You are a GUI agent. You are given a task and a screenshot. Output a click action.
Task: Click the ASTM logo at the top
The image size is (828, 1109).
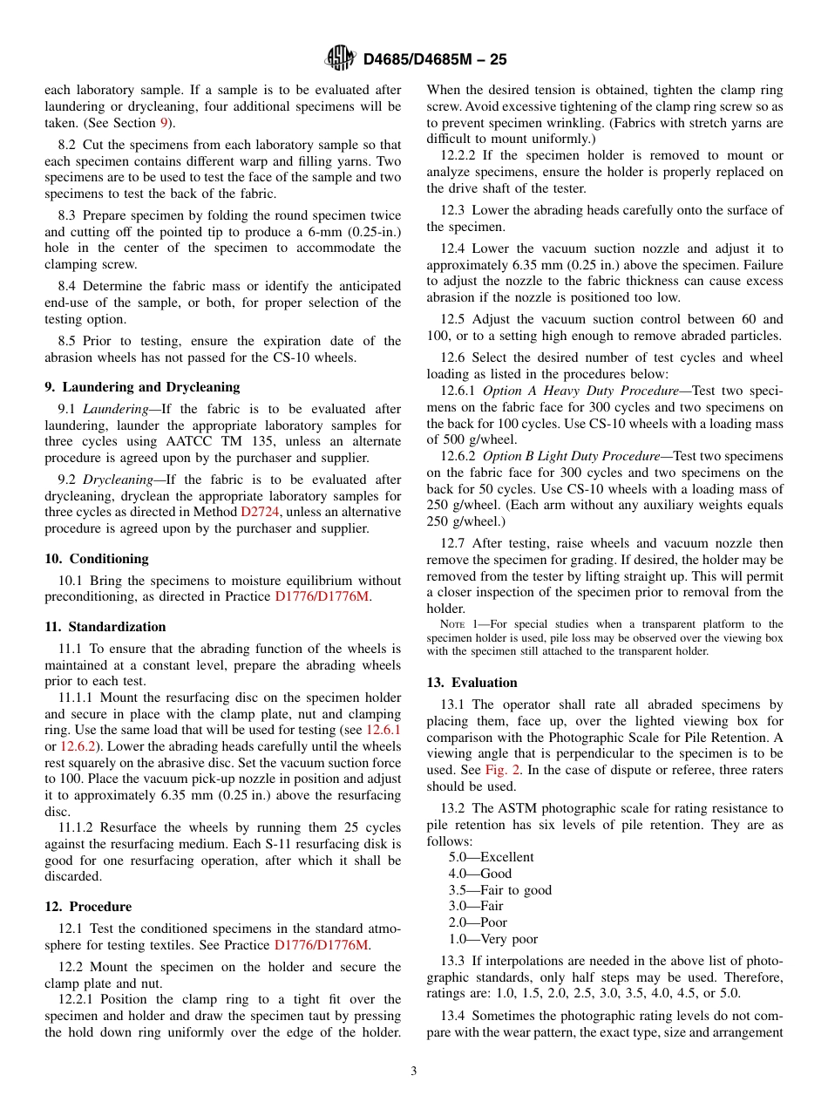[x=339, y=58]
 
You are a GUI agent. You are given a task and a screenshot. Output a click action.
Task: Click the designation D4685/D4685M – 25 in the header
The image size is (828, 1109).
[x=434, y=59]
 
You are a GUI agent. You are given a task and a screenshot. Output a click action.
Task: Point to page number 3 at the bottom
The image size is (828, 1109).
[x=414, y=1072]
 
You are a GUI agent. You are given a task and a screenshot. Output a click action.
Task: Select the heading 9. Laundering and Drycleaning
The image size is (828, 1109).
[x=142, y=387]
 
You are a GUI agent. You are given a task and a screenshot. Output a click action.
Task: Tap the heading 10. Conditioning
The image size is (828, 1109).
[x=97, y=559]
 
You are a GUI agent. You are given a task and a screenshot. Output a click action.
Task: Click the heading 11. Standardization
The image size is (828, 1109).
[x=105, y=627]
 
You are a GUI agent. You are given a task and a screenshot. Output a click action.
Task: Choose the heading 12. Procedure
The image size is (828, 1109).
[x=88, y=907]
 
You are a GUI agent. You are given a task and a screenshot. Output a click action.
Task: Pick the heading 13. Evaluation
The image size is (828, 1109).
[x=472, y=683]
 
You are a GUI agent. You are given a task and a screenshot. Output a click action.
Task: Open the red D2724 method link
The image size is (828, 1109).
[x=260, y=513]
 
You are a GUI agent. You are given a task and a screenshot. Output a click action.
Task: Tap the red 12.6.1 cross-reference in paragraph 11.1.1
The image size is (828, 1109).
[x=383, y=730]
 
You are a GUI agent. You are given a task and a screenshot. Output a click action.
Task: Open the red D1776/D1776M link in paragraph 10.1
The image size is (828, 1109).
[x=322, y=597]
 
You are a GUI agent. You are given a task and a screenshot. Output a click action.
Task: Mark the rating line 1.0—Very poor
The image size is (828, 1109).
[x=492, y=939]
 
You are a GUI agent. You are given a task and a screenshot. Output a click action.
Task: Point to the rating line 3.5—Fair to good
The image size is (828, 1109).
[x=499, y=890]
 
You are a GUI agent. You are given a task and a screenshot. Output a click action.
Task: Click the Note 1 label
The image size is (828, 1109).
[x=456, y=624]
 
